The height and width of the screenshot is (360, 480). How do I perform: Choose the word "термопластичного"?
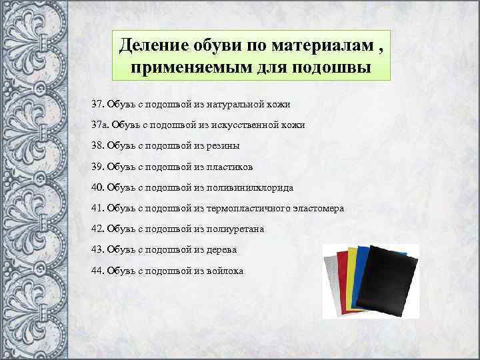249,209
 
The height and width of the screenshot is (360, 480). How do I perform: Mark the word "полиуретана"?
236,229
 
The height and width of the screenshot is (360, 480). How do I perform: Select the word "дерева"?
222,250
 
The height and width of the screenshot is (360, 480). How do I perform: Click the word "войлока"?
225,271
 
